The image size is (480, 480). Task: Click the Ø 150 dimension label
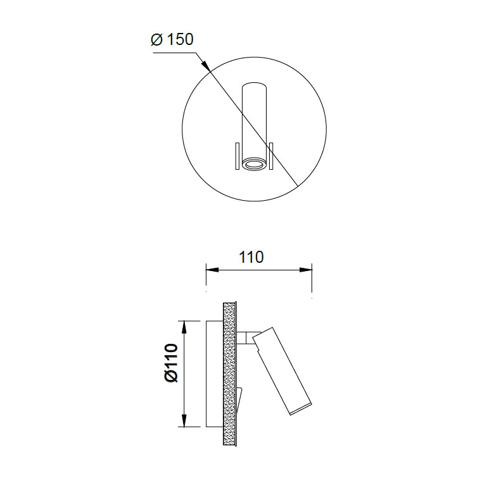pos(172,39)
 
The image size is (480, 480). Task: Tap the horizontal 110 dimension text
pos(251,257)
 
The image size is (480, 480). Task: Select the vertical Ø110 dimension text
pos(171,363)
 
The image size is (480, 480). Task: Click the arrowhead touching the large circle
pos(205,65)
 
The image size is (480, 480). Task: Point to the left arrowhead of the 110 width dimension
pos(212,270)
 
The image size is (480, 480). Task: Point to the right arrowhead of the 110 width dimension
pos(305,270)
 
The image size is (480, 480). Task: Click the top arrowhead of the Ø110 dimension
pos(184,327)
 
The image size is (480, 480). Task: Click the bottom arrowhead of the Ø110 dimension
pos(184,420)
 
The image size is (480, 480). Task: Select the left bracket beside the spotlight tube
pos(237,156)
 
